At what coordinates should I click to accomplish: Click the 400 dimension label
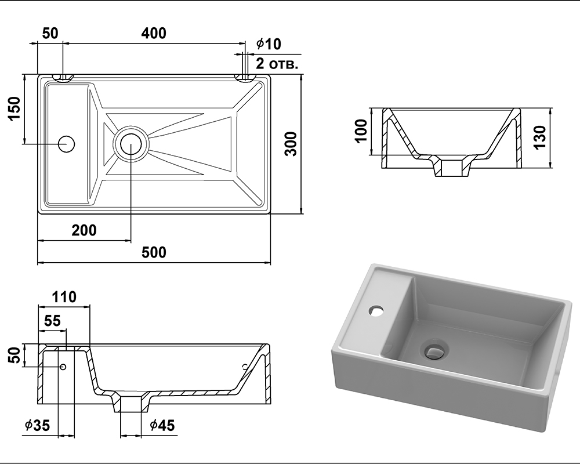click(154, 33)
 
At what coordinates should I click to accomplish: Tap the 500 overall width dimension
click(154, 252)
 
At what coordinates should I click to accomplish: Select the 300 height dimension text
click(292, 144)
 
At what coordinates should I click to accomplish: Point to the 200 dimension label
click(84, 230)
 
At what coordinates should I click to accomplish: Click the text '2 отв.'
click(277, 64)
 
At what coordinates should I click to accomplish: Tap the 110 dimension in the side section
click(64, 297)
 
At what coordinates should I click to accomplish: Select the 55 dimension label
click(52, 321)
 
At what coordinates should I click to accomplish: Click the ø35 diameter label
click(37, 426)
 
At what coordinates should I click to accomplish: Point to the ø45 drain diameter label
click(162, 426)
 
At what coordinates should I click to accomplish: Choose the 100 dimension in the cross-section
click(361, 130)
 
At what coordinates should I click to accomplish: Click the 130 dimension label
click(540, 137)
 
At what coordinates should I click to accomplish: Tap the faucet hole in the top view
click(67, 144)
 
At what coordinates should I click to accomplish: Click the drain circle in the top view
click(131, 144)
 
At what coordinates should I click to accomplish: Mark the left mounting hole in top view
click(63, 77)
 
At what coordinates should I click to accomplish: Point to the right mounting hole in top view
click(245, 77)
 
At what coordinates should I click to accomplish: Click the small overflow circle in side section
click(63, 367)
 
